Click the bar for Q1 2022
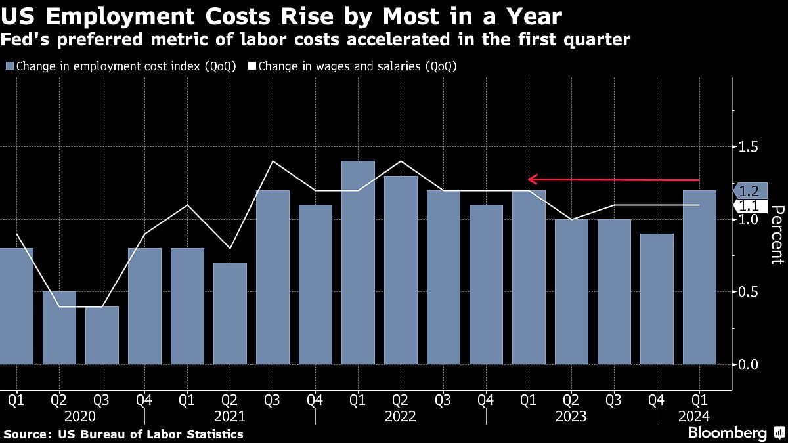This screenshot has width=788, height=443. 358,263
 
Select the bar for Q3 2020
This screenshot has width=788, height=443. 102,335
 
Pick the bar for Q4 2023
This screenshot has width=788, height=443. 657,299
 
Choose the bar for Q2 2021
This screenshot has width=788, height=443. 230,313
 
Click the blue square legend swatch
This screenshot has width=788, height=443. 10,66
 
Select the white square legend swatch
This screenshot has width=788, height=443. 252,66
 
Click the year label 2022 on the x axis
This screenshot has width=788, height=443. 401,416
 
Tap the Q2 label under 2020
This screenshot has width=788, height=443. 59,398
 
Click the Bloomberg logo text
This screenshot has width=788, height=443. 727,433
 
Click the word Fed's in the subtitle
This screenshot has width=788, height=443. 22,40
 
